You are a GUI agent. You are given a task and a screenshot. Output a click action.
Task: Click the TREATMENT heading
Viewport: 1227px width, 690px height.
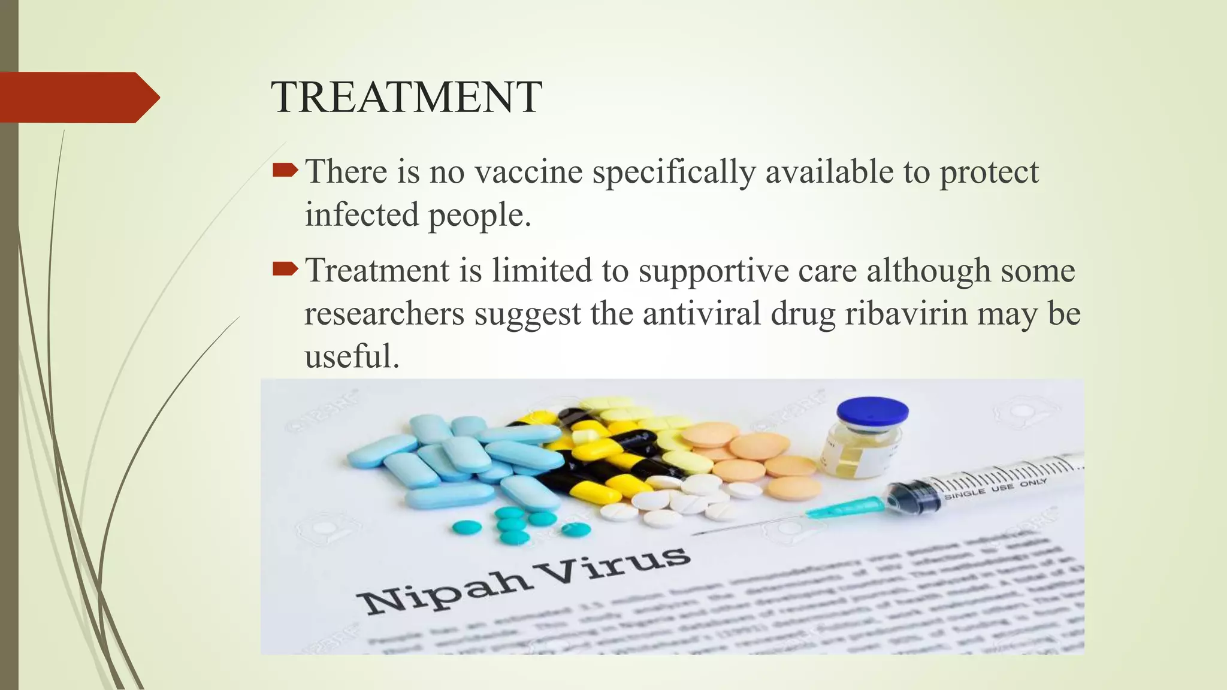(x=406, y=97)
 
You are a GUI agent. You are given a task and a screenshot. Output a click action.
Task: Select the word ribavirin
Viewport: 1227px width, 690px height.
(x=906, y=313)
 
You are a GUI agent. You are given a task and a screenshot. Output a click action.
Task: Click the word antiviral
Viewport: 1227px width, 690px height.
(x=702, y=313)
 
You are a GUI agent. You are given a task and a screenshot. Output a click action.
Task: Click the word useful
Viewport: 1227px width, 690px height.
(x=352, y=356)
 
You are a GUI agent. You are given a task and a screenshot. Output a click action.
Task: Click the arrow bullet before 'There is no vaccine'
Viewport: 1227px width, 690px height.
(x=285, y=172)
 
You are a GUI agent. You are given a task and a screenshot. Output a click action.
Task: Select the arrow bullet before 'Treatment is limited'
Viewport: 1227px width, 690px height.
(x=285, y=270)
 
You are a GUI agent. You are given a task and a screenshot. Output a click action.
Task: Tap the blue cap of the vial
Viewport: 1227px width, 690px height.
(x=872, y=414)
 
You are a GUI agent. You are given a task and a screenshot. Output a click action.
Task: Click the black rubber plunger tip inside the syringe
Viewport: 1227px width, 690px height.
(x=911, y=498)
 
